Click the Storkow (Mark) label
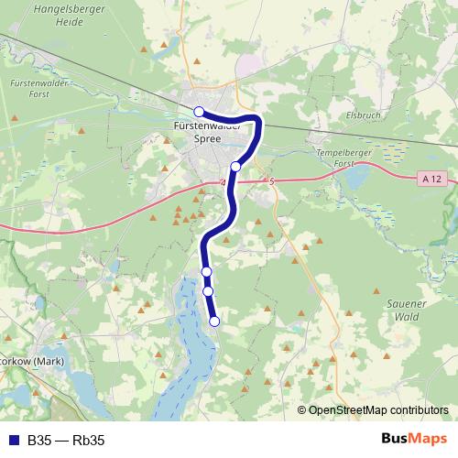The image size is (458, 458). pyautogui.click(x=30, y=360)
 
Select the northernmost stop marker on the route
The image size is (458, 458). pyautogui.click(x=199, y=111)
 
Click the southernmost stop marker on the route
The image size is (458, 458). pyautogui.click(x=215, y=321)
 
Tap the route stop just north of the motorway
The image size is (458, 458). pyautogui.click(x=235, y=166)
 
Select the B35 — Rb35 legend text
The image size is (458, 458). pyautogui.click(x=66, y=441)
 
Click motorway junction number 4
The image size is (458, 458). pyautogui.click(x=223, y=183)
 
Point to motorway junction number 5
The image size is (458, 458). pyautogui.click(x=272, y=181)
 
